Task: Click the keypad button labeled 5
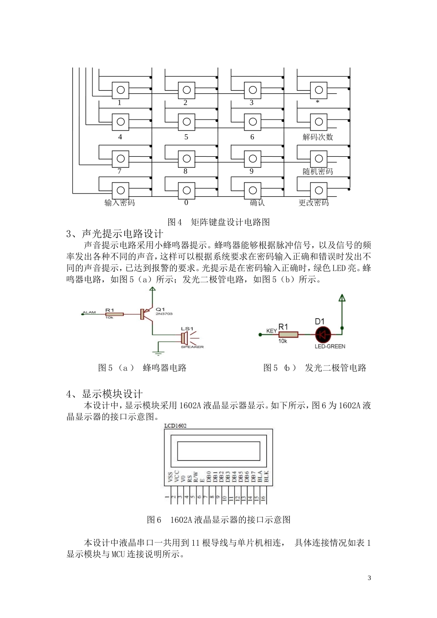point(186,122)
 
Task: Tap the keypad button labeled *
point(318,90)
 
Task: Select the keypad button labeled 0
point(186,190)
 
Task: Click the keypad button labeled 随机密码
point(318,159)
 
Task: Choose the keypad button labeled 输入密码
point(121,190)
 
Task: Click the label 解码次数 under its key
point(317,137)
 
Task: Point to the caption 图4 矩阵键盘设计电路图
point(218,222)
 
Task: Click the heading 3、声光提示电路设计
point(115,234)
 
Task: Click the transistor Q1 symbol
point(146,314)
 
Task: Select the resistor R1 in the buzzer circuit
point(114,314)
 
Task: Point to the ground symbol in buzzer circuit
point(158,353)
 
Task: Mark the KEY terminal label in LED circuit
point(271,331)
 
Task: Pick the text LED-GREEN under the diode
point(330,346)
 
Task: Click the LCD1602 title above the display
point(176,426)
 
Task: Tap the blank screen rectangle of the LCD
point(218,451)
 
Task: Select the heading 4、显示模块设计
point(104,394)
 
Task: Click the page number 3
point(369,578)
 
